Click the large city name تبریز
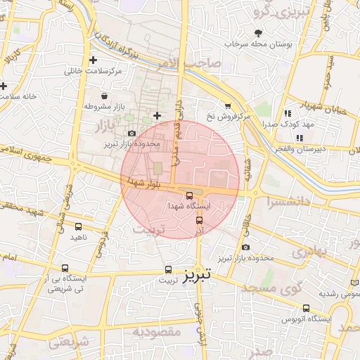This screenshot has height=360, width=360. pos(198,276)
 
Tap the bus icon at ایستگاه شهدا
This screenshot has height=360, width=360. pos(189,195)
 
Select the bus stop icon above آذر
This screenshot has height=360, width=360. pos(199,220)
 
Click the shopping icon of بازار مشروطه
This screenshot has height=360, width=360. pos(104,96)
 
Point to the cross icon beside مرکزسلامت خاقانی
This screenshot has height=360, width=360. pos(93,60)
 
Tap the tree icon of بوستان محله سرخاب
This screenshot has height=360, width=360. pos(258,33)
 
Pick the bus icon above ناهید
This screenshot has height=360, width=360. pos(77,227)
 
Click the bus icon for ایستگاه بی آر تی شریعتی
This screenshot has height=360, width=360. pos(65,268)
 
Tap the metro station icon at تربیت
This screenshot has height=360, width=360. pos(167,269)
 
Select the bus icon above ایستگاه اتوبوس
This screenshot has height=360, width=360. pos(306,308)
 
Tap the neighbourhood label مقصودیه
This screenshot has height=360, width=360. pos(157,331)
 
